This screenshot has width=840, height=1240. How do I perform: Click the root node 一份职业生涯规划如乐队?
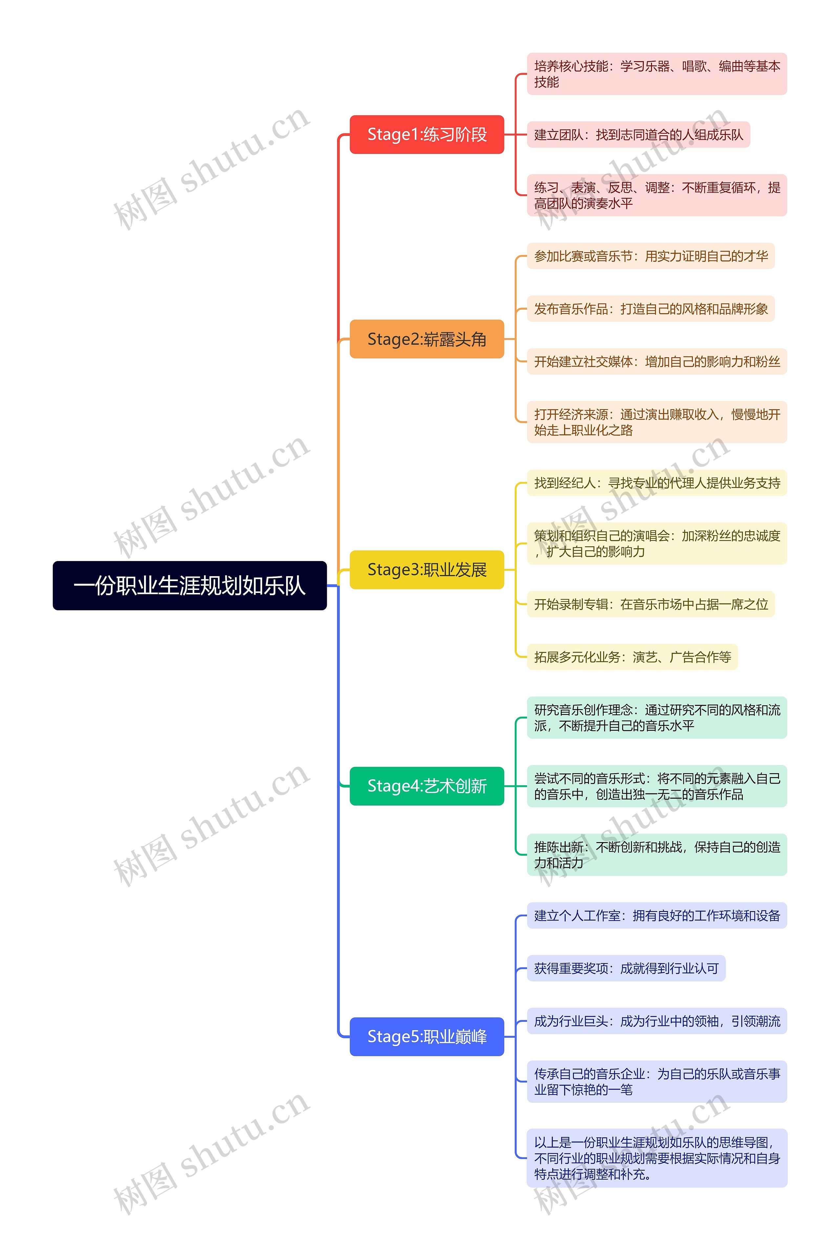[189, 585]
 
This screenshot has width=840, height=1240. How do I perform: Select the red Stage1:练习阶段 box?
[427, 135]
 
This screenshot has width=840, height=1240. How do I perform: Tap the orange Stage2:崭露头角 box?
[427, 339]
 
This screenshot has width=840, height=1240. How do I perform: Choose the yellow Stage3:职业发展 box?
[427, 570]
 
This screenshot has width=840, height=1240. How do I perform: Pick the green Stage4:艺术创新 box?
[427, 786]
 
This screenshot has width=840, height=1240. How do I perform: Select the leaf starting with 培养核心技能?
[657, 74]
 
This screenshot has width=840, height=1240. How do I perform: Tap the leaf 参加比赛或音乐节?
[651, 256]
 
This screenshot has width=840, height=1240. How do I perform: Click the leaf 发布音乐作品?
[651, 309]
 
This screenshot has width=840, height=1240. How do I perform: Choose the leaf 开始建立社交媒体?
[657, 362]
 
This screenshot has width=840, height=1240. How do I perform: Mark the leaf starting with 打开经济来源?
[657, 422]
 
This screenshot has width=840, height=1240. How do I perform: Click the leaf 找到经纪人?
[657, 483]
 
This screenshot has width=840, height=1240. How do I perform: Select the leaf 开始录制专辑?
[651, 604]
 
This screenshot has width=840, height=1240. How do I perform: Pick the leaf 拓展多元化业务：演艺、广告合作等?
[632, 657]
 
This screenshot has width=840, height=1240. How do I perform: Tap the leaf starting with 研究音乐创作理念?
[657, 718]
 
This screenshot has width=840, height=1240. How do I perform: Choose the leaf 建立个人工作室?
[657, 916]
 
